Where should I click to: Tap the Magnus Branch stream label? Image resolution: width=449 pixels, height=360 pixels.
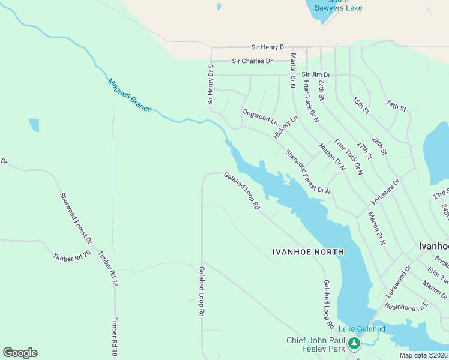[x=130, y=95]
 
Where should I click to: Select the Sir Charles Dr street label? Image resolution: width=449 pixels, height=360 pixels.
[x=252, y=61]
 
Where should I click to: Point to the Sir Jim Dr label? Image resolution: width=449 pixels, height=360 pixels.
[x=316, y=74]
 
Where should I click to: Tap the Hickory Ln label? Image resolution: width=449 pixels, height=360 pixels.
[x=285, y=127]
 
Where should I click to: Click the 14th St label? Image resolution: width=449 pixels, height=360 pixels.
[x=396, y=106]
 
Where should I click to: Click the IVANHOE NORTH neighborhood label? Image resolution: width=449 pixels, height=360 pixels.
[x=308, y=252]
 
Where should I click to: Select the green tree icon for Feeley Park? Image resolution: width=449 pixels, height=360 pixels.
[x=355, y=343]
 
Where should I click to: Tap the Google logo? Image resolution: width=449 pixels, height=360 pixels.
[x=20, y=353]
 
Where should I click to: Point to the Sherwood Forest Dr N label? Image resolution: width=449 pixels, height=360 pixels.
[x=308, y=172]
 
